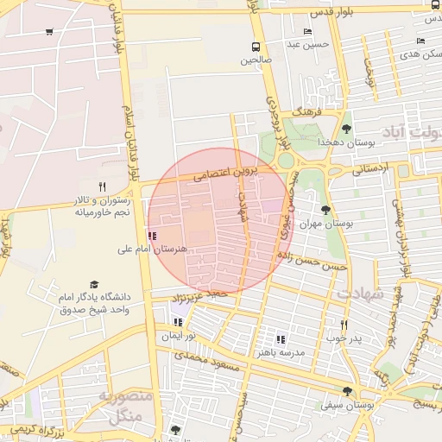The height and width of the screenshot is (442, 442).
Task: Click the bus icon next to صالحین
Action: [x=255, y=47]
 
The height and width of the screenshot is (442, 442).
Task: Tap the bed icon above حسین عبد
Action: [x=308, y=31]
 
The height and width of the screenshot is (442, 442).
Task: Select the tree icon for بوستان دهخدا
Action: [x=347, y=129]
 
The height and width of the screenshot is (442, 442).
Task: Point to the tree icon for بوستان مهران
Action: [x=325, y=210]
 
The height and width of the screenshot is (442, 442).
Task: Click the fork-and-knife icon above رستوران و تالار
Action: [x=102, y=186]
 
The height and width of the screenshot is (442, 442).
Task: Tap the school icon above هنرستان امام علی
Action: [x=152, y=235]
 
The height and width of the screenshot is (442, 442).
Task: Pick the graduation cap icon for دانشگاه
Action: [x=94, y=284]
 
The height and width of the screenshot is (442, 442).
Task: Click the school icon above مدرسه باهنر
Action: [x=280, y=339]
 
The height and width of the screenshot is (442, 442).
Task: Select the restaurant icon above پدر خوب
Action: [x=344, y=325]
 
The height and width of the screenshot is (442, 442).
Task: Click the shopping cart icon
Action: [x=49, y=32]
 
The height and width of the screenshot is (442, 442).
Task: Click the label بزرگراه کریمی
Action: [x=35, y=429]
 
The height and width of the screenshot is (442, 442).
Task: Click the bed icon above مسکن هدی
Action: [x=420, y=41]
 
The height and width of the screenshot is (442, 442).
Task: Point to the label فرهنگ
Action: [x=307, y=112]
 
